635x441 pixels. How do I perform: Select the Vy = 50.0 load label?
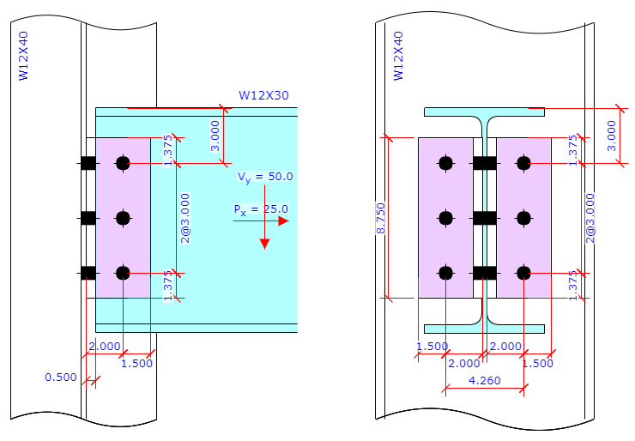265,177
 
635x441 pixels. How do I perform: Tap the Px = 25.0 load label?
260,208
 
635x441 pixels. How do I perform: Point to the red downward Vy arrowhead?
264,243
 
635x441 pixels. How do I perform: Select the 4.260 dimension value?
485,379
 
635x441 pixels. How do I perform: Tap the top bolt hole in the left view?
123,163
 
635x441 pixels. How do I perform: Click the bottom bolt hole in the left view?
123,273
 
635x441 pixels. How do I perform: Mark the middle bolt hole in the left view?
123,218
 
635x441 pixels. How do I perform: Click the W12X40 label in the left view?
24,57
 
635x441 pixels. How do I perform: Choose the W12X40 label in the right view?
397,57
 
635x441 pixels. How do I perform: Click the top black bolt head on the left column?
88,163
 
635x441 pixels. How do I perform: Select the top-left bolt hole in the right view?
445,163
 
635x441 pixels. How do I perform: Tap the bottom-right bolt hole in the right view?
523,273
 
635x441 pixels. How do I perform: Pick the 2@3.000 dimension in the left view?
185,218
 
